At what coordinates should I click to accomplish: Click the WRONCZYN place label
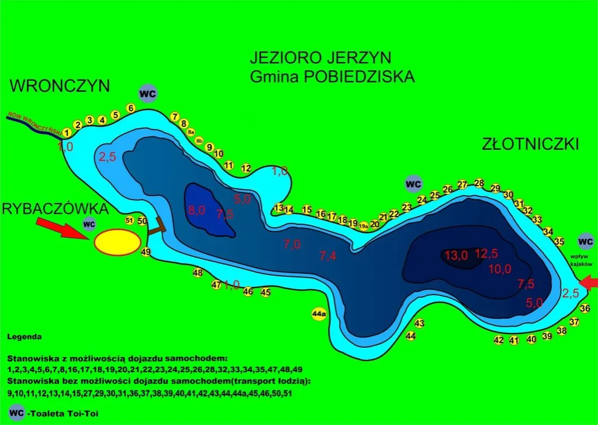[x=60, y=86]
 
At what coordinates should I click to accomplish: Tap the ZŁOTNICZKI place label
[x=531, y=144]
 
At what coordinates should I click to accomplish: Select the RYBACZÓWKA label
[x=56, y=209]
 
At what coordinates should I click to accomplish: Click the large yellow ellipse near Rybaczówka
[x=118, y=242]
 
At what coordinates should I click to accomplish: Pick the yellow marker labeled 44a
[x=319, y=314]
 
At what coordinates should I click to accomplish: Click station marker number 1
[x=67, y=133]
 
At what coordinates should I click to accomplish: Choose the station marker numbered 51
[x=130, y=220]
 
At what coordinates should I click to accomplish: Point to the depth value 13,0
[x=456, y=255]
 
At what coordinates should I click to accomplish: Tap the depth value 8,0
[x=197, y=211]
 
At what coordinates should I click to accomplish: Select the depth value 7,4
[x=329, y=255]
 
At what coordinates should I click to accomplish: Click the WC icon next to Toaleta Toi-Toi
[x=18, y=412]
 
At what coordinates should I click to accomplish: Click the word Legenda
[x=25, y=337]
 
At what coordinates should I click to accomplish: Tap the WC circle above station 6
[x=148, y=94]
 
